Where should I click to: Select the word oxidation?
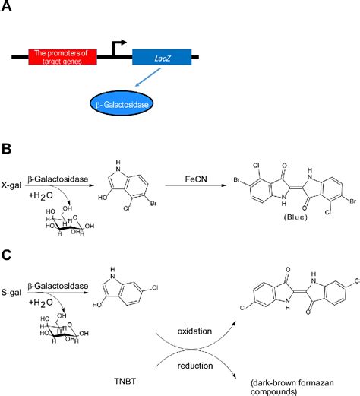(x=202, y=332)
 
